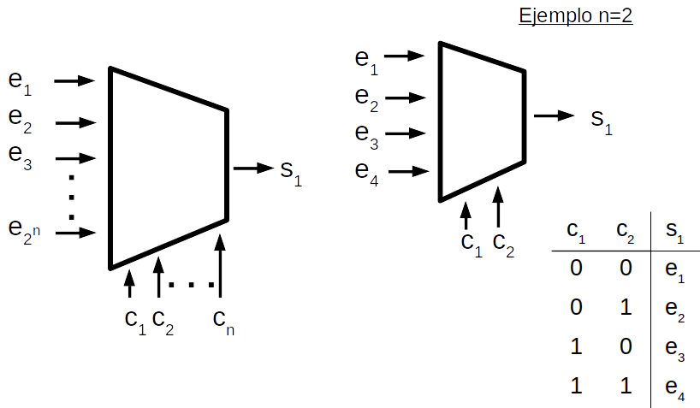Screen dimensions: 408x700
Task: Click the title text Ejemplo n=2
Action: [x=576, y=15]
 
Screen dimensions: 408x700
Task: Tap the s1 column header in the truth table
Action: [x=674, y=231]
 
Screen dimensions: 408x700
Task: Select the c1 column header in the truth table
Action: [x=576, y=231]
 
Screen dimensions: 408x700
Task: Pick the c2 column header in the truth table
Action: [x=626, y=231]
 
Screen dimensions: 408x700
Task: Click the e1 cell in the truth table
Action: [x=674, y=271]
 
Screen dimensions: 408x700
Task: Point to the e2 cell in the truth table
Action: [x=674, y=310]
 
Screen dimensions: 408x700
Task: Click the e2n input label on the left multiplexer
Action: [x=24, y=228]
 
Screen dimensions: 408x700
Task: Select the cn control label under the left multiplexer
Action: [x=223, y=321]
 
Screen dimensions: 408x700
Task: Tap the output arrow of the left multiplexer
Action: [x=254, y=168]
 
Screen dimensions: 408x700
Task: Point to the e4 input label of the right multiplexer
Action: [x=367, y=170]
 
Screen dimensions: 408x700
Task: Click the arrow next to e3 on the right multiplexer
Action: [x=406, y=133]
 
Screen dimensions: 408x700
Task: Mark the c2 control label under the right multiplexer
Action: [x=504, y=245]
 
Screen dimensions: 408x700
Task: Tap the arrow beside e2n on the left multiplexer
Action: [x=75, y=231]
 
